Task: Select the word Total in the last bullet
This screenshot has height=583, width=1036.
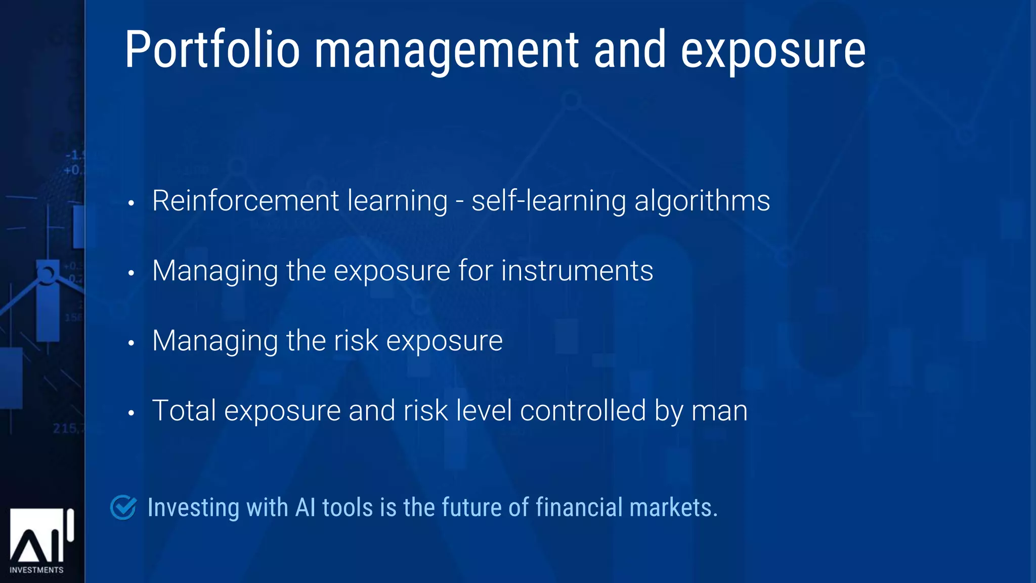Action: tap(184, 410)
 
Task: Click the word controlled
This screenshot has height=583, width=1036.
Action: tap(583, 410)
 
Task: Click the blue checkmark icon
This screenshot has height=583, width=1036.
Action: tap(123, 507)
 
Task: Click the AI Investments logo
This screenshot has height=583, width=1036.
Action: tap(40, 536)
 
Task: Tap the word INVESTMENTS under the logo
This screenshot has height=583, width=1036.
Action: tap(36, 570)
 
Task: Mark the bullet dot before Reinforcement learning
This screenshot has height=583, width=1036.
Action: tap(131, 203)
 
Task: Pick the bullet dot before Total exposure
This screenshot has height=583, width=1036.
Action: tap(131, 413)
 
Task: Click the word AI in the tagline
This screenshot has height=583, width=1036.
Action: tap(306, 507)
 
